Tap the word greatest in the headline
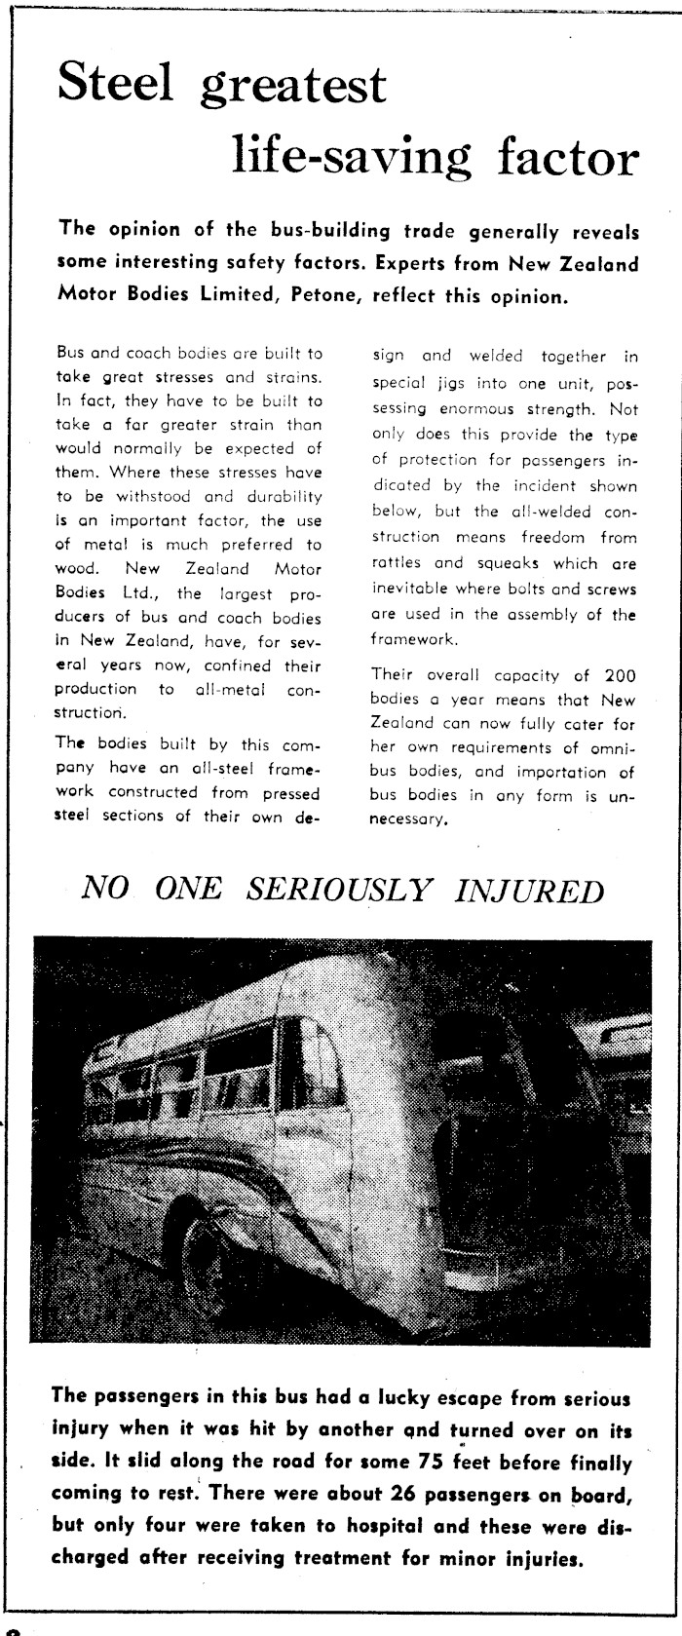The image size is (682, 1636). click(294, 88)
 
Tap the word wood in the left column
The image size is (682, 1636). click(75, 569)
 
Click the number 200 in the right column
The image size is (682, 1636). click(618, 674)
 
